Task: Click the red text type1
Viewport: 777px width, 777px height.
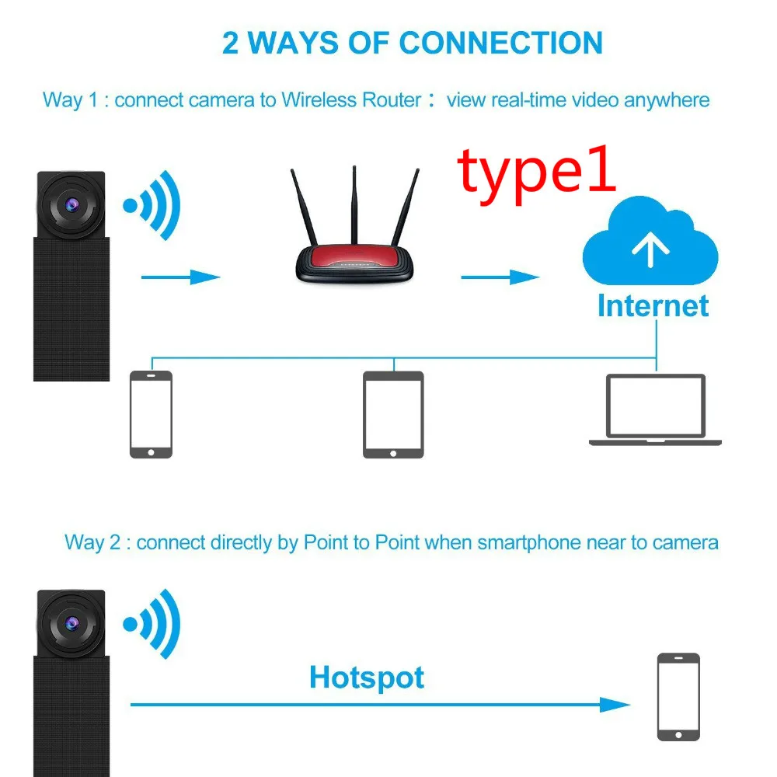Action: click(537, 172)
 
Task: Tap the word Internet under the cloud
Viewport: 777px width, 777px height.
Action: click(653, 305)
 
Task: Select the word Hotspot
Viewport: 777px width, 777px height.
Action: click(367, 678)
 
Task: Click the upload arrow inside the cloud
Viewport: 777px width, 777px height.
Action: click(651, 249)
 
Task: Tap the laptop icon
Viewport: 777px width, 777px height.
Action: click(656, 409)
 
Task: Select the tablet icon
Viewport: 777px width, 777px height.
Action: click(394, 414)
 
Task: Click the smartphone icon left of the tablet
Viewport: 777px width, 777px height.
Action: click(151, 414)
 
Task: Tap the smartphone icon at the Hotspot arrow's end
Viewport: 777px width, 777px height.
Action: click(678, 696)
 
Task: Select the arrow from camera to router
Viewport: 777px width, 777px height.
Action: click(181, 277)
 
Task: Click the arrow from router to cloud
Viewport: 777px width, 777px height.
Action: click(500, 277)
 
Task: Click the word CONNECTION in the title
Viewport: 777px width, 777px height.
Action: click(501, 42)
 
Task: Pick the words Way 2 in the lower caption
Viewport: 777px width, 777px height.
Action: click(92, 542)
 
